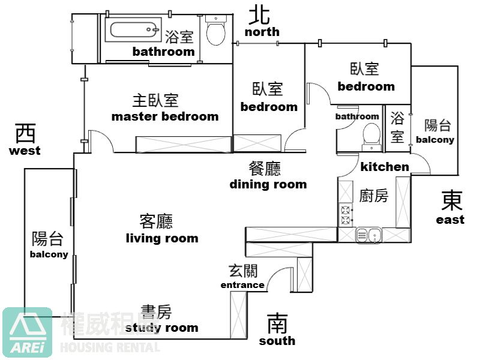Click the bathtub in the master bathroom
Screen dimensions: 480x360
pos(133,29)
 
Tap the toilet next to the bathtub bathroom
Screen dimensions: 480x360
pos(216,30)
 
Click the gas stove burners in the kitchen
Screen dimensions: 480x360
pos(346,215)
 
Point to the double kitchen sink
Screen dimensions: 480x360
pos(368,235)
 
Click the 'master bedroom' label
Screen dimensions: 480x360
pos(165,116)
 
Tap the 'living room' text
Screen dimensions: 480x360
pos(162,238)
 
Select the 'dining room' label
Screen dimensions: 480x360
pos(268,184)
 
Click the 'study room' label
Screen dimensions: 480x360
pos(161,328)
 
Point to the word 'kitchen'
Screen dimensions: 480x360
pos(385,167)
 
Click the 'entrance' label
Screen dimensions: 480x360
pos(242,285)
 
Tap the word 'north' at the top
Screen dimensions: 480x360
pos(262,32)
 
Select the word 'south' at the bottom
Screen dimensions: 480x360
pos(277,341)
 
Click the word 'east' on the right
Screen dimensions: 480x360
pos(450,220)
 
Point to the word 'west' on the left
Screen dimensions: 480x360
pos(25,151)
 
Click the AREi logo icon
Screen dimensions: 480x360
pos(28,332)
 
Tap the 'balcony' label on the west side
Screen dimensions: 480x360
pos(49,254)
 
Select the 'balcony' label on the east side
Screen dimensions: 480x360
pos(435,140)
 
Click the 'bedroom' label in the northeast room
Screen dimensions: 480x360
pos(366,86)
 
